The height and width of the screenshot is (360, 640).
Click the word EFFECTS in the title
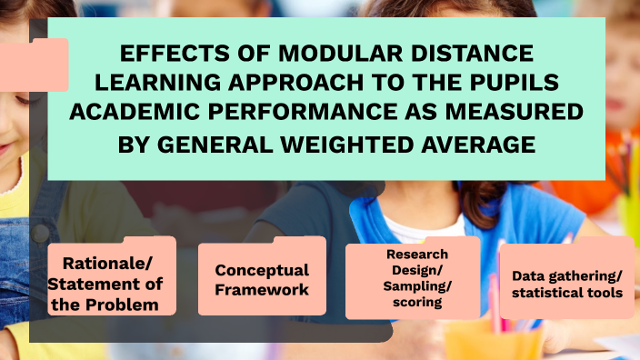[x=175, y=54]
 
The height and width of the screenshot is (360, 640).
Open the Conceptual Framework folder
[x=262, y=279]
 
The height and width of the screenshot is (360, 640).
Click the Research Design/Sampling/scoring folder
[x=413, y=277]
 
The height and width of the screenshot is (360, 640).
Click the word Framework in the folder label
[x=262, y=290]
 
